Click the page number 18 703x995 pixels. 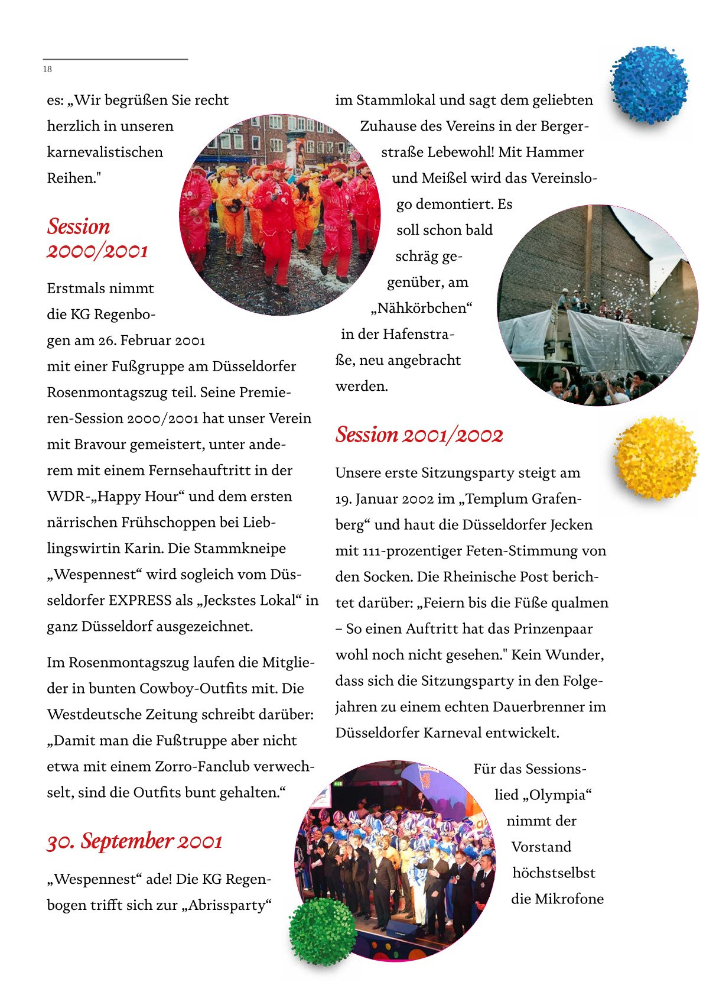47,69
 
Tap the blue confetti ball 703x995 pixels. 649,85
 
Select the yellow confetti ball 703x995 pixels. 656,458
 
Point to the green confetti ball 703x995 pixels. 322,931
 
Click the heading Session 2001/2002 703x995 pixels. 419,435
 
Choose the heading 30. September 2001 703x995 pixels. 135,841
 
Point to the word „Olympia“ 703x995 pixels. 557,795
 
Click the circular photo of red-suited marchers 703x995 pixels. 279,215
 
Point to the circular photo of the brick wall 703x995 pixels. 597,305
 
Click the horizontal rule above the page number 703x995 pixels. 115,59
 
